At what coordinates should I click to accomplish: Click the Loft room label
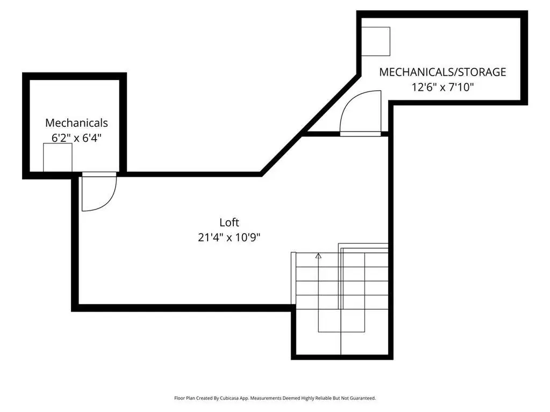pyautogui.click(x=229, y=222)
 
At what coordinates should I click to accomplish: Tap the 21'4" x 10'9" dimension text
pyautogui.click(x=229, y=237)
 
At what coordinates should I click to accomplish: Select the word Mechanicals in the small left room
pyautogui.click(x=76, y=123)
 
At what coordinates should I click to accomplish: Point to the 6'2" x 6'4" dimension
pyautogui.click(x=76, y=138)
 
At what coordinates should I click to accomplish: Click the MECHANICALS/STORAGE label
pyautogui.click(x=442, y=72)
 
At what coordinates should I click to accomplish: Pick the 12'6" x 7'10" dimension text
pyautogui.click(x=442, y=87)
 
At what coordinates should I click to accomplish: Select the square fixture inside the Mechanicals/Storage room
pyautogui.click(x=376, y=41)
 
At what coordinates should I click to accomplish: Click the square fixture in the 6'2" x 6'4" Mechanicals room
pyautogui.click(x=58, y=157)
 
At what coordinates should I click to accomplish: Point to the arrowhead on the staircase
pyautogui.click(x=318, y=256)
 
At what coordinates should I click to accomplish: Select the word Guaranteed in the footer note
pyautogui.click(x=364, y=398)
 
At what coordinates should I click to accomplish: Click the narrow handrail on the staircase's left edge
pyautogui.click(x=294, y=278)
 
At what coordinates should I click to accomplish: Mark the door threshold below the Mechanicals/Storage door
pyautogui.click(x=360, y=134)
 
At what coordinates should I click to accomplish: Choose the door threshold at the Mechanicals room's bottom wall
pyautogui.click(x=99, y=174)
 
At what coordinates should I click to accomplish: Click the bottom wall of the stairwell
pyautogui.click(x=342, y=357)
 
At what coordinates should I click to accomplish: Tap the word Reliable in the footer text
pyautogui.click(x=323, y=398)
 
